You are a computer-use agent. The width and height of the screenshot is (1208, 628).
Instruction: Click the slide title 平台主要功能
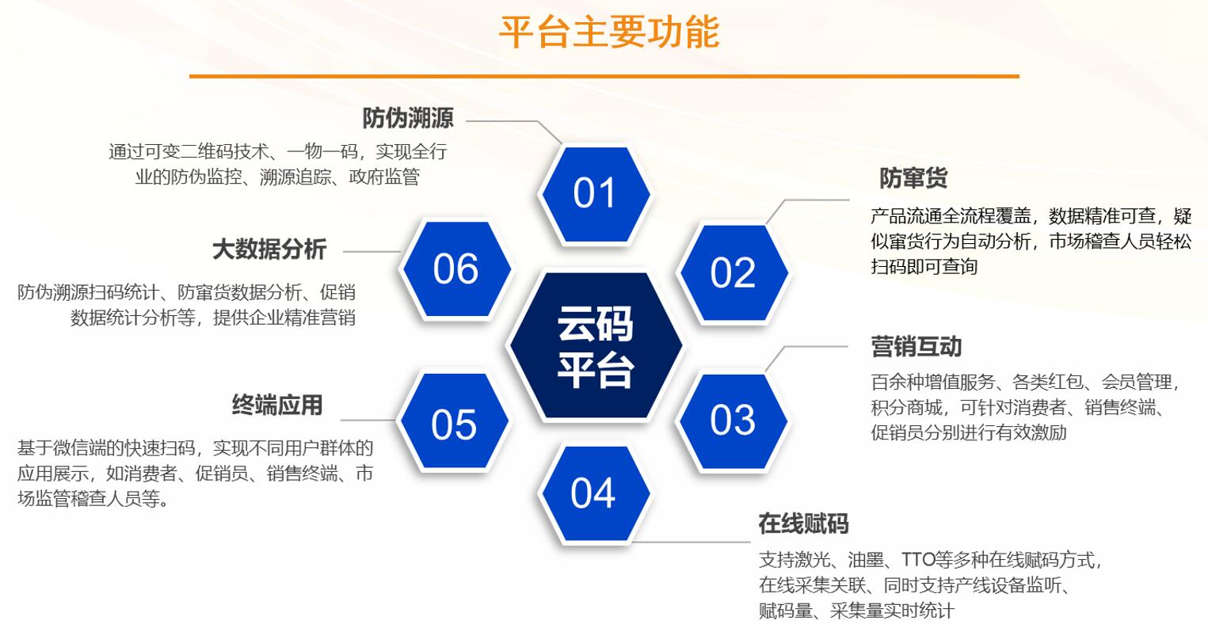(x=608, y=32)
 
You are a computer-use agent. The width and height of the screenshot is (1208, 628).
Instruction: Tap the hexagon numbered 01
(x=594, y=193)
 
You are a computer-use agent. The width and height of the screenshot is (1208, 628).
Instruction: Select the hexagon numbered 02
(x=733, y=272)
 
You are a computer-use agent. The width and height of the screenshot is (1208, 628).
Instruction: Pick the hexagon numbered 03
(x=733, y=420)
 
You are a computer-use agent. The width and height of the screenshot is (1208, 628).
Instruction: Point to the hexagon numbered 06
(x=455, y=269)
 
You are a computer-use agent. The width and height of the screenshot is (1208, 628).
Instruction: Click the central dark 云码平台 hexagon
(x=595, y=346)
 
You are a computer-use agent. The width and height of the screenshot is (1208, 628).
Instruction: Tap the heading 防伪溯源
(x=408, y=119)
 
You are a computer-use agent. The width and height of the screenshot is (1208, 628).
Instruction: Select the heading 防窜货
(x=913, y=178)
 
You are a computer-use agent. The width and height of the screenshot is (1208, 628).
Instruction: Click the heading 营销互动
(x=916, y=346)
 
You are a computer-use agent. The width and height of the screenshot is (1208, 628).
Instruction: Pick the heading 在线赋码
(x=803, y=523)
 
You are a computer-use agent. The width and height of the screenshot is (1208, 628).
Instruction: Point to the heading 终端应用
(x=277, y=405)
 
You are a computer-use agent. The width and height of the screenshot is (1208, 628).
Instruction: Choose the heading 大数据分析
(x=269, y=249)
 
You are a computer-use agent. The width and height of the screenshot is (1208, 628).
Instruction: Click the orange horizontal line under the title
(x=604, y=76)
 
